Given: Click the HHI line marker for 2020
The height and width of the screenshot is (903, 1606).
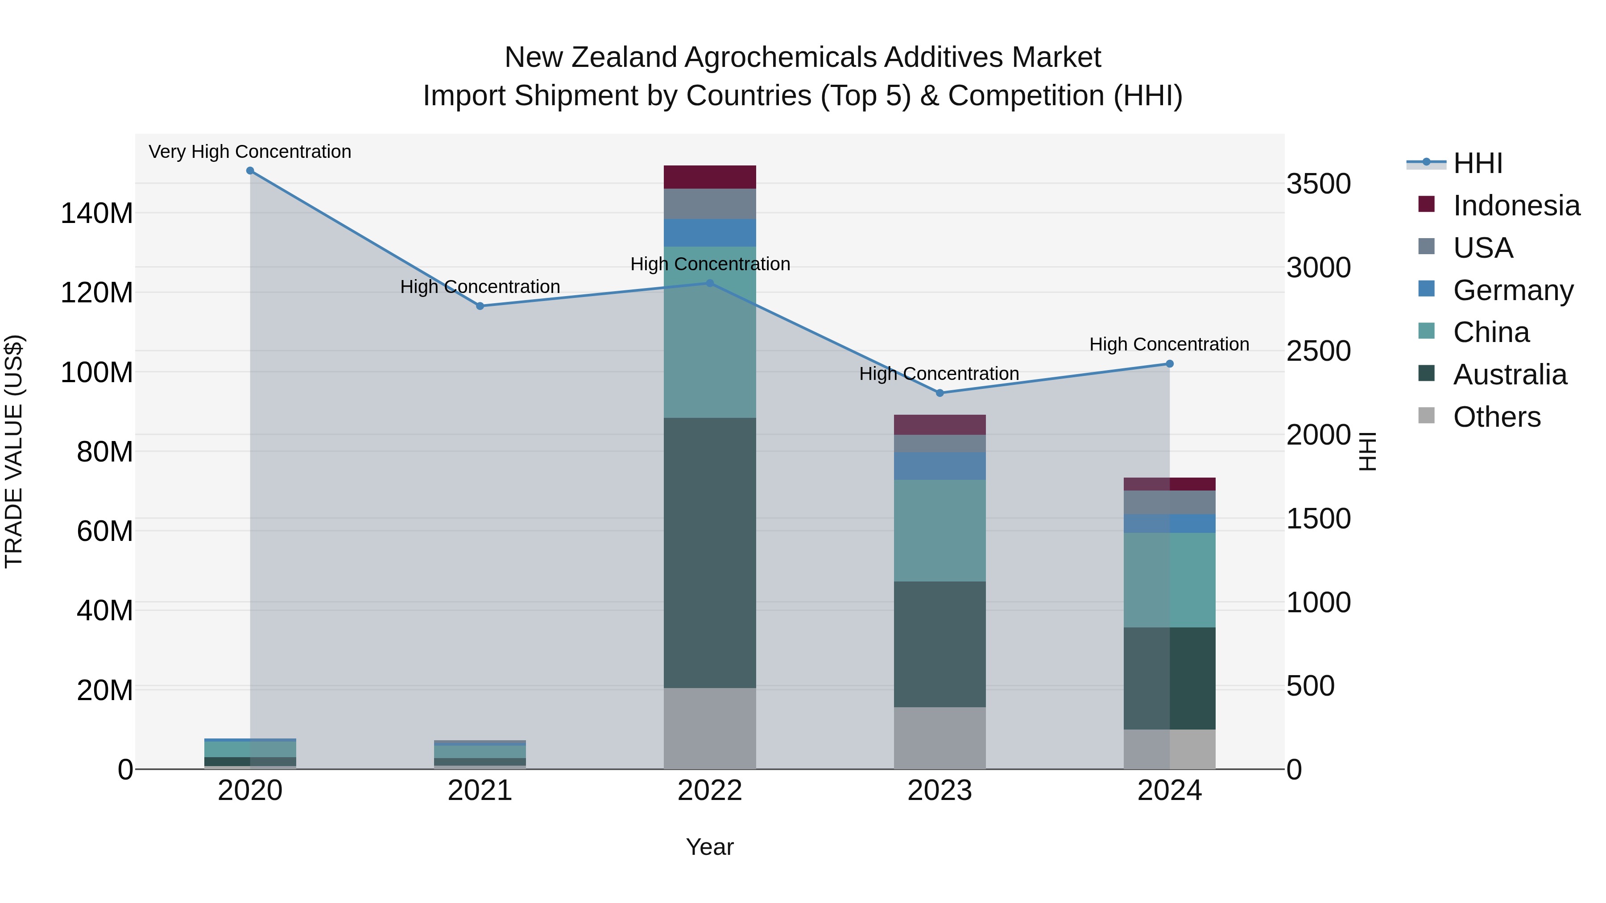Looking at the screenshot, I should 250,171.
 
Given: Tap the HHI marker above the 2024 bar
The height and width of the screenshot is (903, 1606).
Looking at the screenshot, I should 1170,364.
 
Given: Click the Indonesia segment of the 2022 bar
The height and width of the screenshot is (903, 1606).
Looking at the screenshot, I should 709,177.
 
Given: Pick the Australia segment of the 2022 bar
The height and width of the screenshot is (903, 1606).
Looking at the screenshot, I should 709,553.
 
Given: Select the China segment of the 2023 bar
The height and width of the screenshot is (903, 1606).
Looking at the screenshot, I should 940,530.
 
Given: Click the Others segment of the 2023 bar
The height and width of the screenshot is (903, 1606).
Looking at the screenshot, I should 940,738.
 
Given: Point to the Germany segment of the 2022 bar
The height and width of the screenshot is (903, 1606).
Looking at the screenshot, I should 709,232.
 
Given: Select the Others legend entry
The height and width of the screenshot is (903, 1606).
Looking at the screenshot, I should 1496,417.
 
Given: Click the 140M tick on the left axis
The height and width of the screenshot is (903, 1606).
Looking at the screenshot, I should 97,214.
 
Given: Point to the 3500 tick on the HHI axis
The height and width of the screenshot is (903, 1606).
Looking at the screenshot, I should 1319,185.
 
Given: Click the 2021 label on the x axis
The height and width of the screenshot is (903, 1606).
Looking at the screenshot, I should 480,791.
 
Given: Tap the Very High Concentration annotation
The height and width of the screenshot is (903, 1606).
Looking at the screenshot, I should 250,152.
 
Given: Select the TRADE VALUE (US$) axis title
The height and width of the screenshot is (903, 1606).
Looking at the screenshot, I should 14,451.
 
